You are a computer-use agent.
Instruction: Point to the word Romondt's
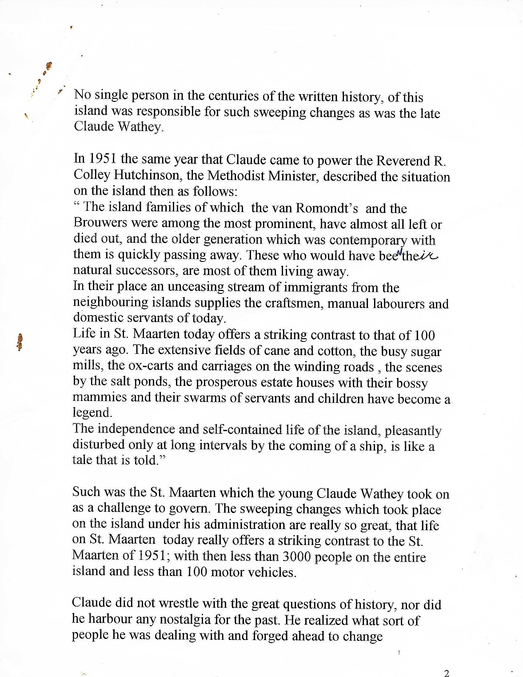click(x=327, y=208)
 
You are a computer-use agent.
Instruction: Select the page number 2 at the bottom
click(x=446, y=672)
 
